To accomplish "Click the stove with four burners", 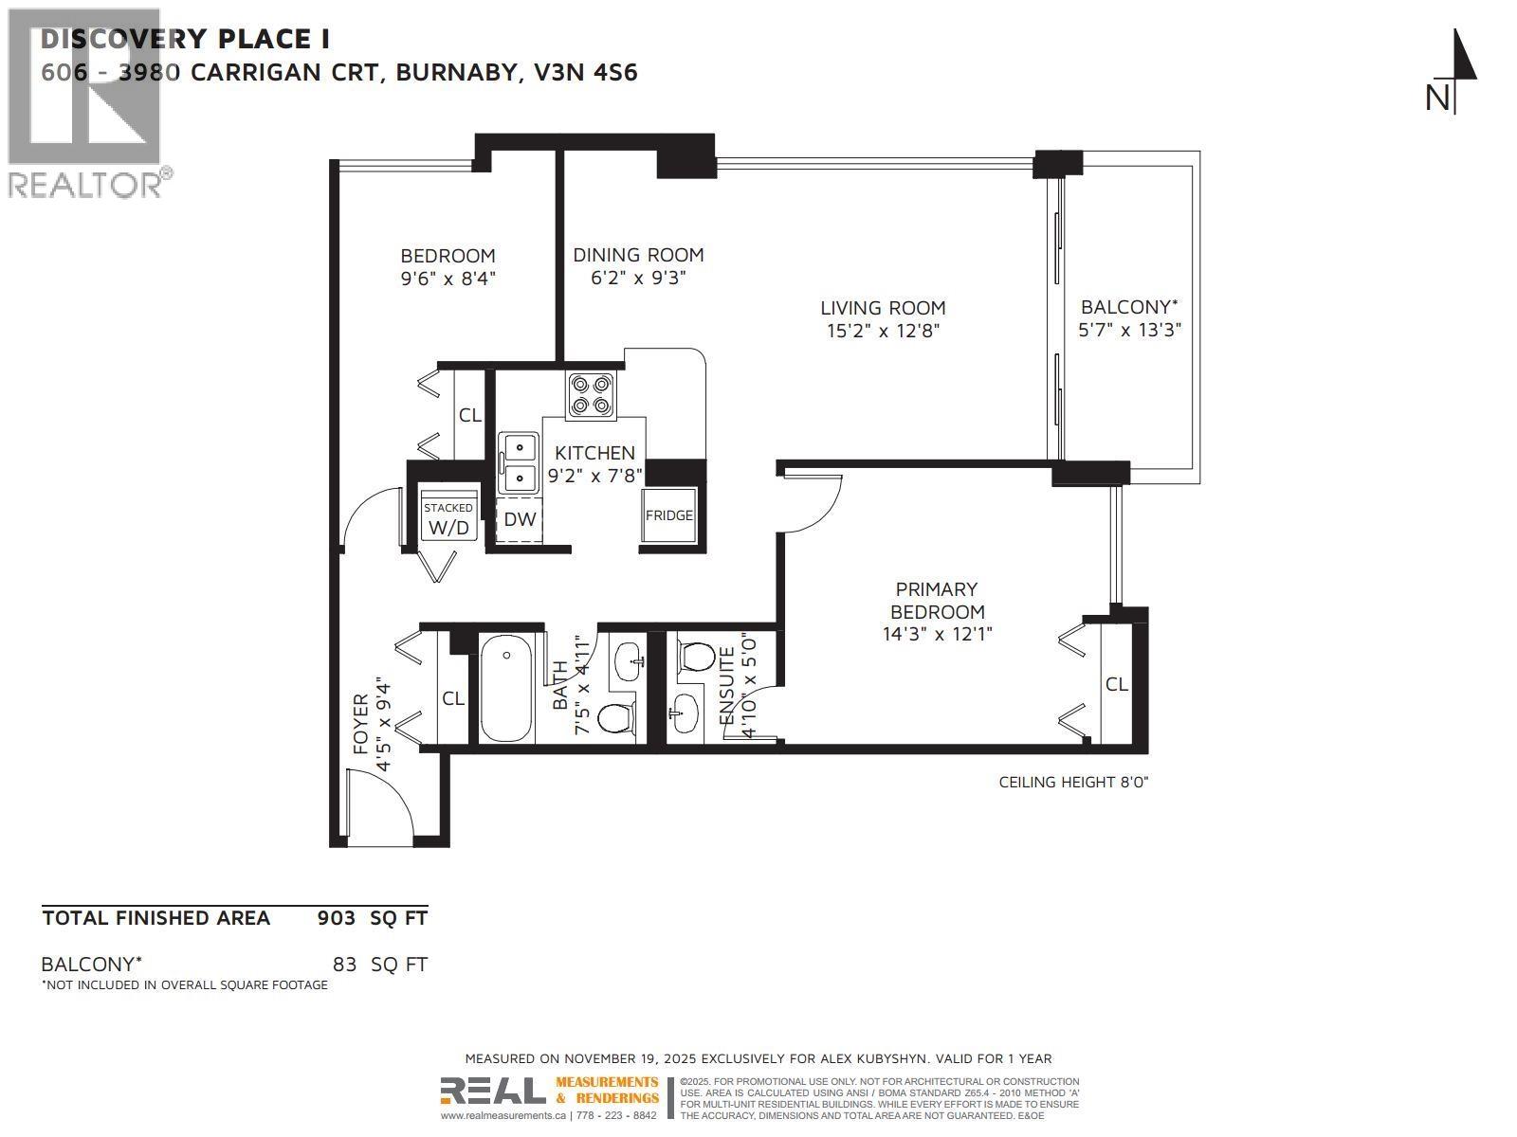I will [590, 395].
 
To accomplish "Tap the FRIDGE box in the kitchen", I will [669, 515].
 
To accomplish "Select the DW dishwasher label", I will [520, 519].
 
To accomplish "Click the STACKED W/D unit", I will [448, 519].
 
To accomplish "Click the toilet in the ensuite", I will [697, 657].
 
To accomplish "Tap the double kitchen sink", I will [518, 463].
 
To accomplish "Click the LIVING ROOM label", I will [883, 308].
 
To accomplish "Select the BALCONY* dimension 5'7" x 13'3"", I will [1129, 331].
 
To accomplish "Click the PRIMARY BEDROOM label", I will [937, 601].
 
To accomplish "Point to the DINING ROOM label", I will [638, 255].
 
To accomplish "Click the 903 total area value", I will [337, 918].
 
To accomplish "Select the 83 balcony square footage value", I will [344, 965].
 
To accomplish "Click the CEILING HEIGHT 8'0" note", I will [1073, 782].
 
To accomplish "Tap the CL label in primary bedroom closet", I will [1116, 684].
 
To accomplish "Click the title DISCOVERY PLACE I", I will [185, 39].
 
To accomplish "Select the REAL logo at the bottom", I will [493, 1092].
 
